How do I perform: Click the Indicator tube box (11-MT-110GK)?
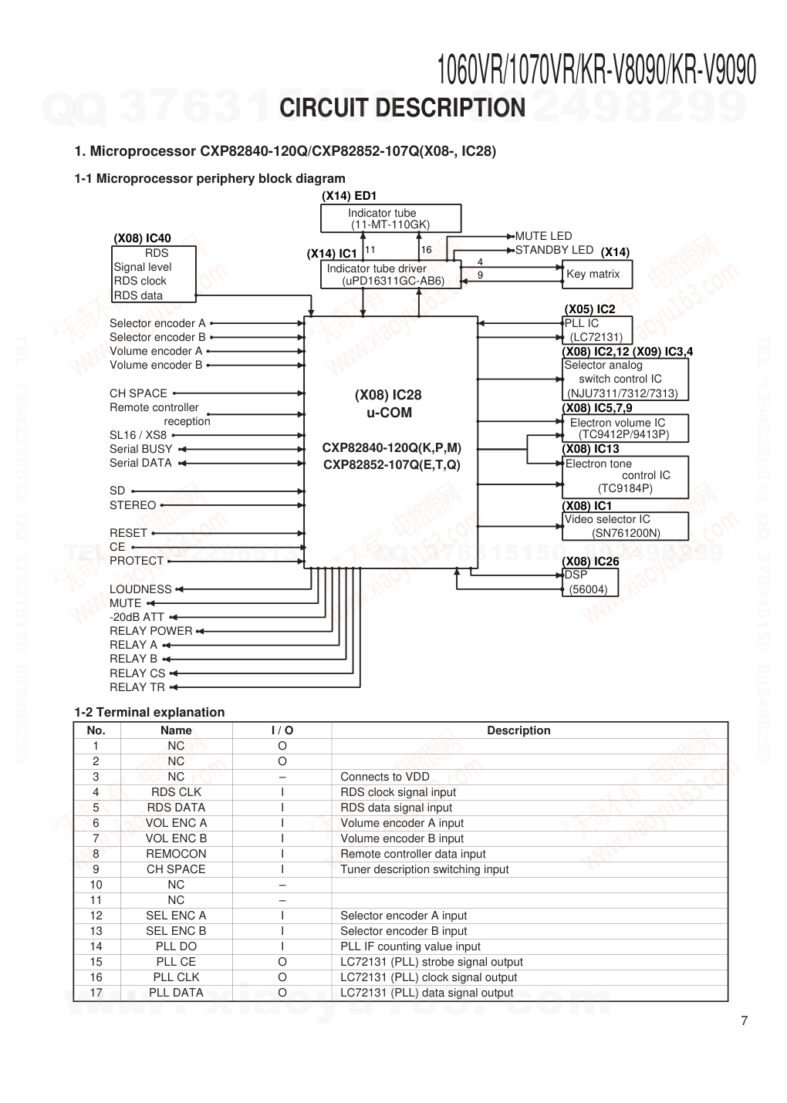[390, 218]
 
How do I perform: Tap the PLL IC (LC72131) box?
[598, 330]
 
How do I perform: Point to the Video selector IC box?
[624, 526]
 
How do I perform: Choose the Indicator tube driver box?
[390, 275]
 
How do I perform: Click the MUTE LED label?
[543, 236]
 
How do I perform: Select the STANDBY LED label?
[554, 250]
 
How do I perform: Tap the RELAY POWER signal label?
[150, 631]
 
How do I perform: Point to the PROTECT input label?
[137, 561]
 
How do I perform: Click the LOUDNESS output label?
[140, 589]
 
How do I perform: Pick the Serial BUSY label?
[141, 449]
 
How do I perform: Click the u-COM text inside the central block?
[389, 413]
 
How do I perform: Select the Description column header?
[518, 730]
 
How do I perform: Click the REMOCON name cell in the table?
[176, 854]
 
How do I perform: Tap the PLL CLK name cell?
[176, 977]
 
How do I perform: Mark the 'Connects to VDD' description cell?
[385, 777]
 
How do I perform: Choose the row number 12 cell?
[96, 916]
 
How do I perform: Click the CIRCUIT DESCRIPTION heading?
[402, 108]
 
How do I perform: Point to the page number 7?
[744, 1021]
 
